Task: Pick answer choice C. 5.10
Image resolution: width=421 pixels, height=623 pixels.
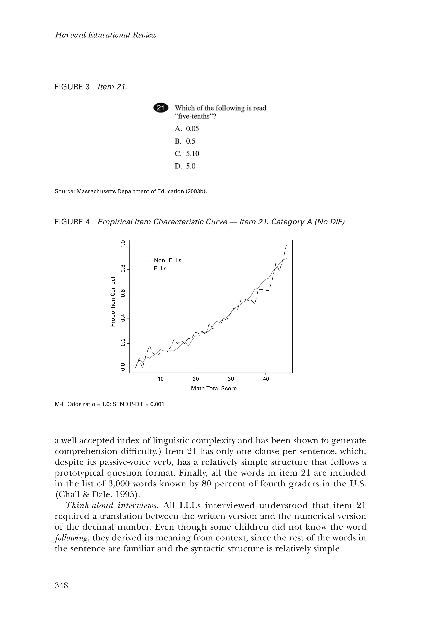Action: [187, 154]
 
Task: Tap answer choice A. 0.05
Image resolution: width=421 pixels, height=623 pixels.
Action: [187, 129]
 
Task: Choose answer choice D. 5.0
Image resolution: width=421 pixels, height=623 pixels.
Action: [185, 166]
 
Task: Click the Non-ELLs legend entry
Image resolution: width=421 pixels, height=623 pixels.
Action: [163, 260]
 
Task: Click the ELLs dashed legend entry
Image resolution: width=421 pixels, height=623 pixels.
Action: [155, 269]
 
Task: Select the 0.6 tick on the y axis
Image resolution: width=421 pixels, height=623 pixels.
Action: [123, 294]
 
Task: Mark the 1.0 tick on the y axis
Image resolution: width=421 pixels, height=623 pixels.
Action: [123, 245]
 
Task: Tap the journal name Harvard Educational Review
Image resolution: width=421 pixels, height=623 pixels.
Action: [105, 35]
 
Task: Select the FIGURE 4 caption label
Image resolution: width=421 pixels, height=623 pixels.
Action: [72, 222]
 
